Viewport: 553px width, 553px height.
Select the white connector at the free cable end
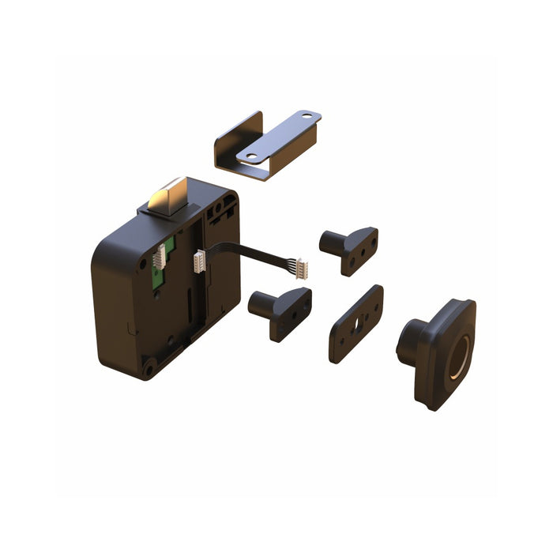(302, 268)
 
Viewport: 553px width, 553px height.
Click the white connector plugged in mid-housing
(199, 260)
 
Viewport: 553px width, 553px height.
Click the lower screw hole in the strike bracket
(250, 156)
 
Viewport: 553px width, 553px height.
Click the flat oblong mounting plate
(355, 323)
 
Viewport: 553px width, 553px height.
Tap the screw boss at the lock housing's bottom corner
(148, 365)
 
